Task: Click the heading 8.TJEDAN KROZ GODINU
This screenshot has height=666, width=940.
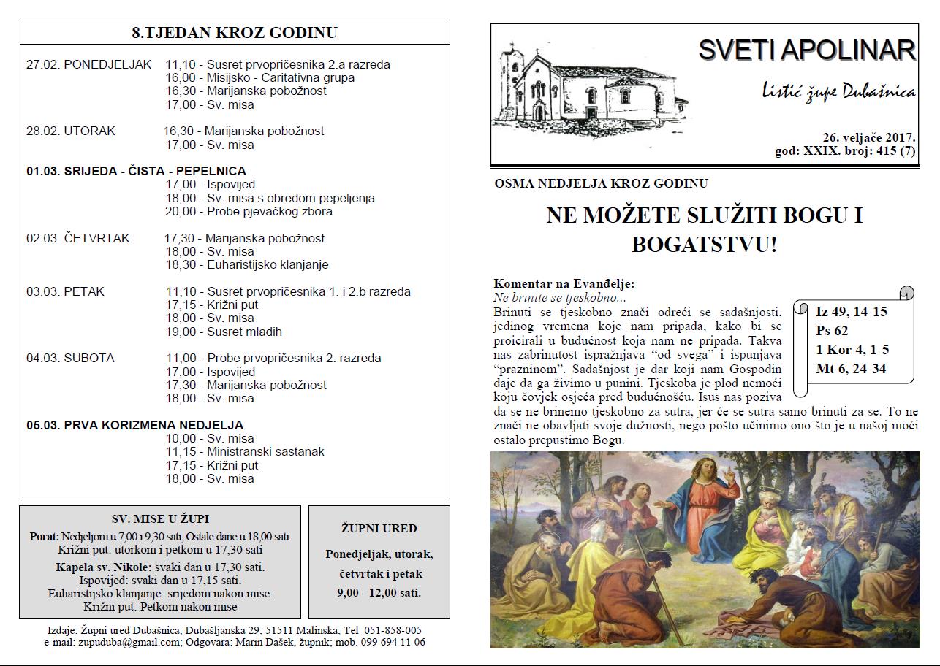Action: coord(235,33)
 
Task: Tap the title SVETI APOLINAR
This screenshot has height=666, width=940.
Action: coord(806,50)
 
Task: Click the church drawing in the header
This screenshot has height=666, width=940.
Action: coord(589,86)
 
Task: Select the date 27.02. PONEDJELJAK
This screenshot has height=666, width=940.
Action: coord(88,64)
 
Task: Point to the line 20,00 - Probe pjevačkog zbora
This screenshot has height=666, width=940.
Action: coord(249,212)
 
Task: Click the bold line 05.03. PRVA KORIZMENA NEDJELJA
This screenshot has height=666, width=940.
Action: coord(135,425)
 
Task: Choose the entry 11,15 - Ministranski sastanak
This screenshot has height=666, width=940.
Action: coord(245,452)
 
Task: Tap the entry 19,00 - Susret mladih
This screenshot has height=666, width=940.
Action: coord(224,332)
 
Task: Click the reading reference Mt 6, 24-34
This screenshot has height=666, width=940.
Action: coord(851,369)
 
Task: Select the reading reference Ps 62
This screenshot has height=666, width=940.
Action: coord(832,331)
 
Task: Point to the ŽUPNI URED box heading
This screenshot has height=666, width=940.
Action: coord(379,528)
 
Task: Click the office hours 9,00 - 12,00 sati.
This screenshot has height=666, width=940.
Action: coord(379,592)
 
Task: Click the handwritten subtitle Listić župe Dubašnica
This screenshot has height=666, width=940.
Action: coord(838,92)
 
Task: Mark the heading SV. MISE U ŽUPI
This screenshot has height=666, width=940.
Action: coord(160,519)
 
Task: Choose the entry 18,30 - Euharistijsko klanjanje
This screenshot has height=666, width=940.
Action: coord(247,265)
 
